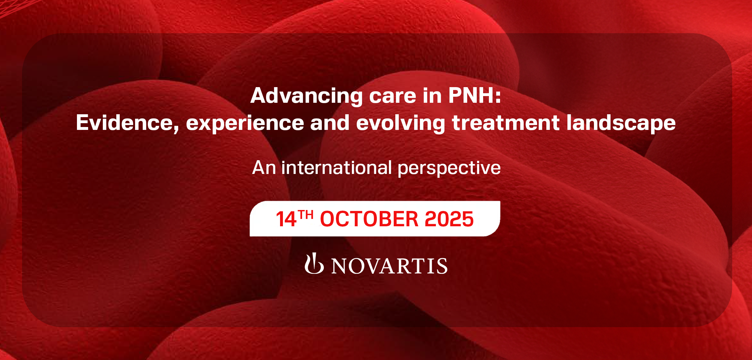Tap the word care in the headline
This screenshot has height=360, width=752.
(392, 96)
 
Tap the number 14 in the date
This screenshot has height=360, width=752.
(286, 219)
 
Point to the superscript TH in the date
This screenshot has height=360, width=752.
(305, 214)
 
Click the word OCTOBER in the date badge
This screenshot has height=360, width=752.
(369, 219)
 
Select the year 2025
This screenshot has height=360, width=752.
(449, 219)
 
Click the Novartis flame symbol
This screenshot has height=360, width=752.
(314, 264)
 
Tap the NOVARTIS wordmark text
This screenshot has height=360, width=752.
(390, 266)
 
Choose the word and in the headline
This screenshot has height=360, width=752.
(330, 123)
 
